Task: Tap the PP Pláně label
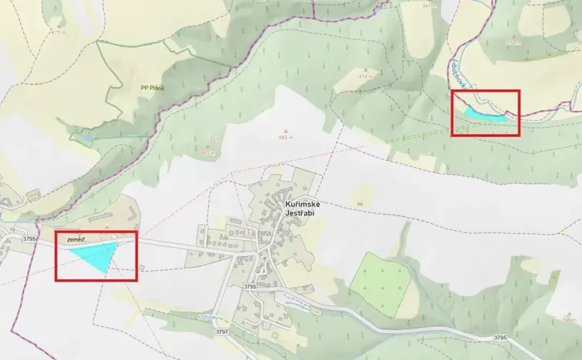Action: pyautogui.click(x=152, y=88)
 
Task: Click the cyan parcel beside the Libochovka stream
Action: pyautogui.click(x=483, y=114)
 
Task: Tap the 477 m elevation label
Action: pyautogui.click(x=55, y=32)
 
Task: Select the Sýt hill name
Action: pyautogui.click(x=212, y=139)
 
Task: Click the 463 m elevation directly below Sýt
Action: pyautogui.click(x=206, y=153)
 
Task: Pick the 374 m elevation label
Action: pyautogui.click(x=513, y=43)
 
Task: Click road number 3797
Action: pyautogui.click(x=222, y=332)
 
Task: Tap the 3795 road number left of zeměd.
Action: pyautogui.click(x=29, y=238)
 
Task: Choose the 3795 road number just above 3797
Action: pyautogui.click(x=249, y=286)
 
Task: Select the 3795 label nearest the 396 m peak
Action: pyautogui.click(x=500, y=337)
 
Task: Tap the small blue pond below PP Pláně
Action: pyautogui.click(x=88, y=138)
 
